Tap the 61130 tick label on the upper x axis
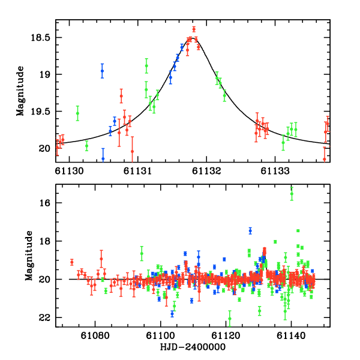click(x=70, y=172)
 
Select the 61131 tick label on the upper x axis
click(x=138, y=172)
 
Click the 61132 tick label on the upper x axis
click(x=206, y=172)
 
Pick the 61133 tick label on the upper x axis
click(x=275, y=172)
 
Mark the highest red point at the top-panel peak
click(x=194, y=29)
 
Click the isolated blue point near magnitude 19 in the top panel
click(x=102, y=71)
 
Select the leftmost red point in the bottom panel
click(x=71, y=262)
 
